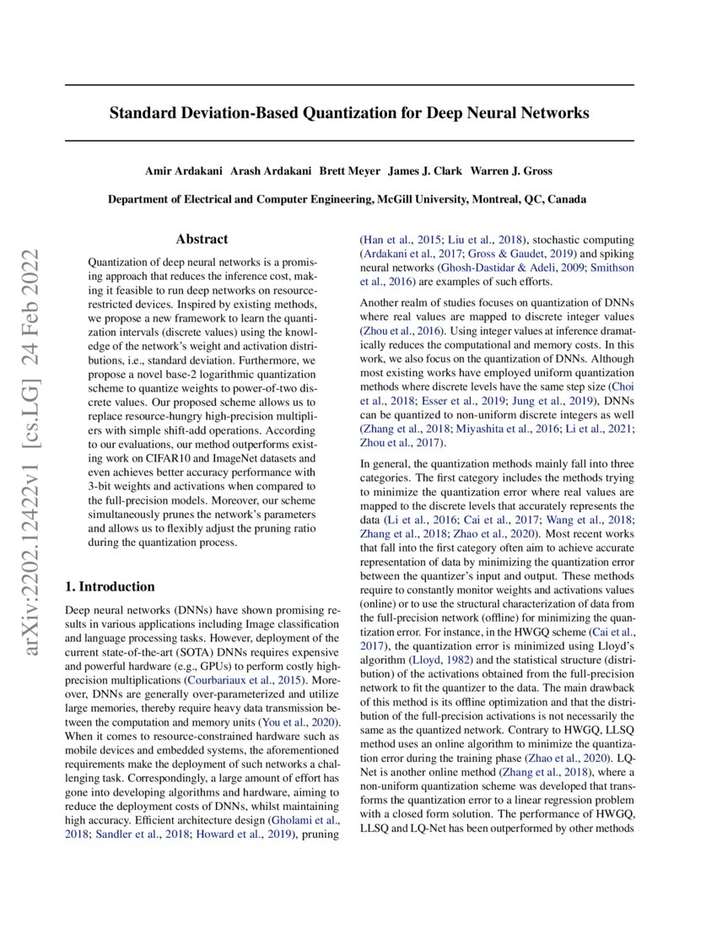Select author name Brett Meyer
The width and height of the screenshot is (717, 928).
(x=350, y=170)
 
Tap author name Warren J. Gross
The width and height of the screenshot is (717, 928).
(x=511, y=170)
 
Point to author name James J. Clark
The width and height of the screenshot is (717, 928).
(x=425, y=170)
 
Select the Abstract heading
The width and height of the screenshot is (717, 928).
(x=203, y=240)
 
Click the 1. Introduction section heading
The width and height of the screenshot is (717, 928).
(x=110, y=586)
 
